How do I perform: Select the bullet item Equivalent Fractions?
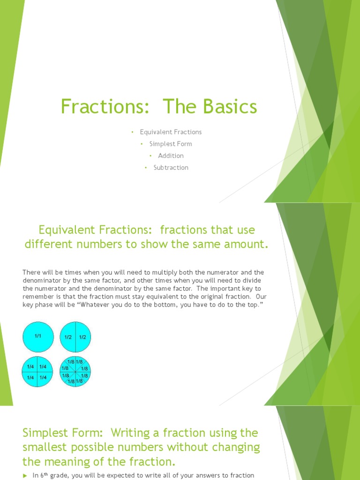(171, 132)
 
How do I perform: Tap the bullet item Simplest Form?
(171, 144)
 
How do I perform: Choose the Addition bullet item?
(171, 156)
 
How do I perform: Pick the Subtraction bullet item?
(171, 167)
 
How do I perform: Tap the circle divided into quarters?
(38, 372)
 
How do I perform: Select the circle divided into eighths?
(75, 372)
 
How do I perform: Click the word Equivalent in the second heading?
(67, 230)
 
